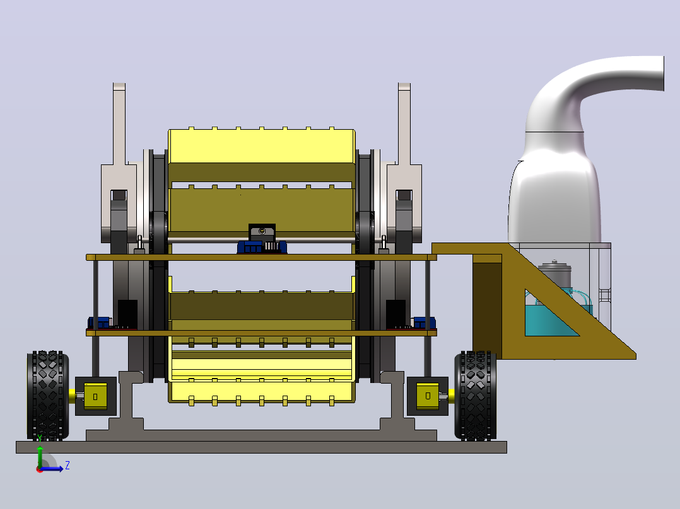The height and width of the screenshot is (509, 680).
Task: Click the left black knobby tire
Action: click(48, 396)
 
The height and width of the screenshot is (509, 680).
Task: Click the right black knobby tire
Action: click(476, 396)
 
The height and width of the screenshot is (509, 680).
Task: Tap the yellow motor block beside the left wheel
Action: click(95, 396)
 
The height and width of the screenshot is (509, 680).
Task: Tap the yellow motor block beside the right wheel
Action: click(428, 395)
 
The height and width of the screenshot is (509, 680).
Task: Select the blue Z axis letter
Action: click(67, 466)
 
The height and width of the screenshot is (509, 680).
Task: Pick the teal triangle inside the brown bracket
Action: click(548, 314)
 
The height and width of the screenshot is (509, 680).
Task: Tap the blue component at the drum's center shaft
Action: click(262, 247)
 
